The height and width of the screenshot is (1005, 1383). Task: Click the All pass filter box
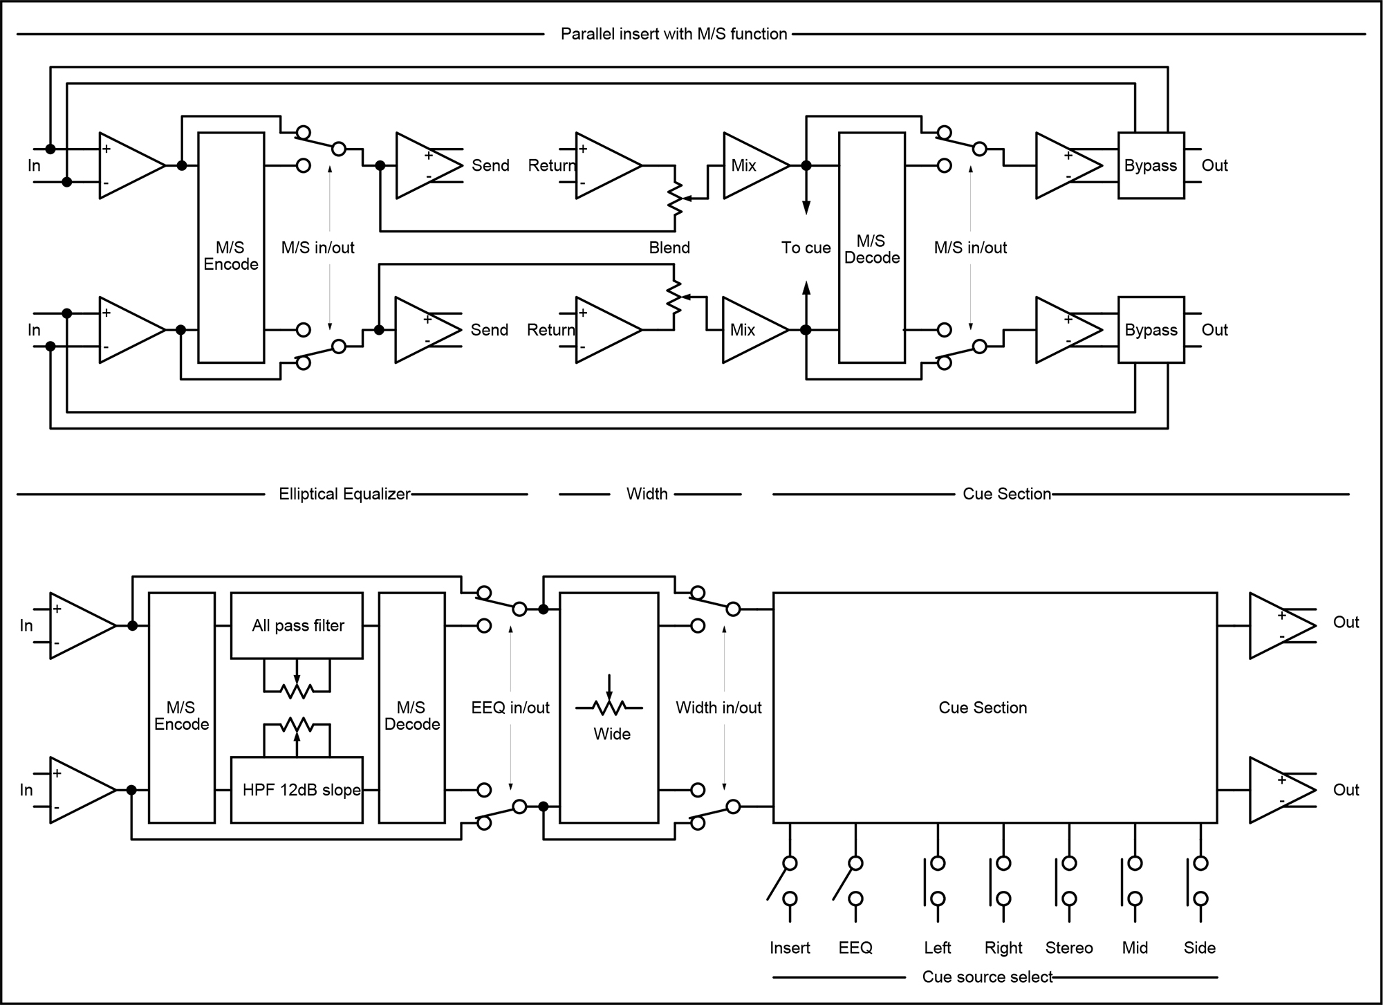(x=297, y=625)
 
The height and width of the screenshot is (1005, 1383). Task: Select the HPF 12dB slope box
(x=297, y=790)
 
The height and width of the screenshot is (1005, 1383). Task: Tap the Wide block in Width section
(x=609, y=708)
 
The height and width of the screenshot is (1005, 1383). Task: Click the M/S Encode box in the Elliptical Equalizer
(x=181, y=708)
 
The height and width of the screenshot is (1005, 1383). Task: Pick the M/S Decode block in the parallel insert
(x=871, y=248)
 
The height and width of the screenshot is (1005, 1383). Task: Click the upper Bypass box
(x=1151, y=165)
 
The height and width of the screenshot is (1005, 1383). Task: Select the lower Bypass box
(x=1151, y=330)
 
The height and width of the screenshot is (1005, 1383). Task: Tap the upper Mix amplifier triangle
(x=750, y=165)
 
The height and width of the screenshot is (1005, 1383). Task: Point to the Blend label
(x=669, y=248)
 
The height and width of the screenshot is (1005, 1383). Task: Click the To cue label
(x=806, y=248)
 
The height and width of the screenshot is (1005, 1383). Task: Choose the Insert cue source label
(x=790, y=948)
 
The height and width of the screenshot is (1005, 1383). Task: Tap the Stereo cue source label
(x=1068, y=948)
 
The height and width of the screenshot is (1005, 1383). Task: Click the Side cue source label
(x=1199, y=948)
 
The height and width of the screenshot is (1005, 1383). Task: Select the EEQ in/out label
(x=510, y=708)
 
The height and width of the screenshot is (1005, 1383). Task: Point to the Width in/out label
(x=718, y=708)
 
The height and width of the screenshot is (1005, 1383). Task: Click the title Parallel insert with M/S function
(x=674, y=34)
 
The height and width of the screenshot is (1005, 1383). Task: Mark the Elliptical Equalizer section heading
(x=344, y=494)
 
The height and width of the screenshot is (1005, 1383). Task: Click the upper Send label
(x=490, y=165)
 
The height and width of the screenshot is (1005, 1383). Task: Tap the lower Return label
(x=550, y=330)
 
